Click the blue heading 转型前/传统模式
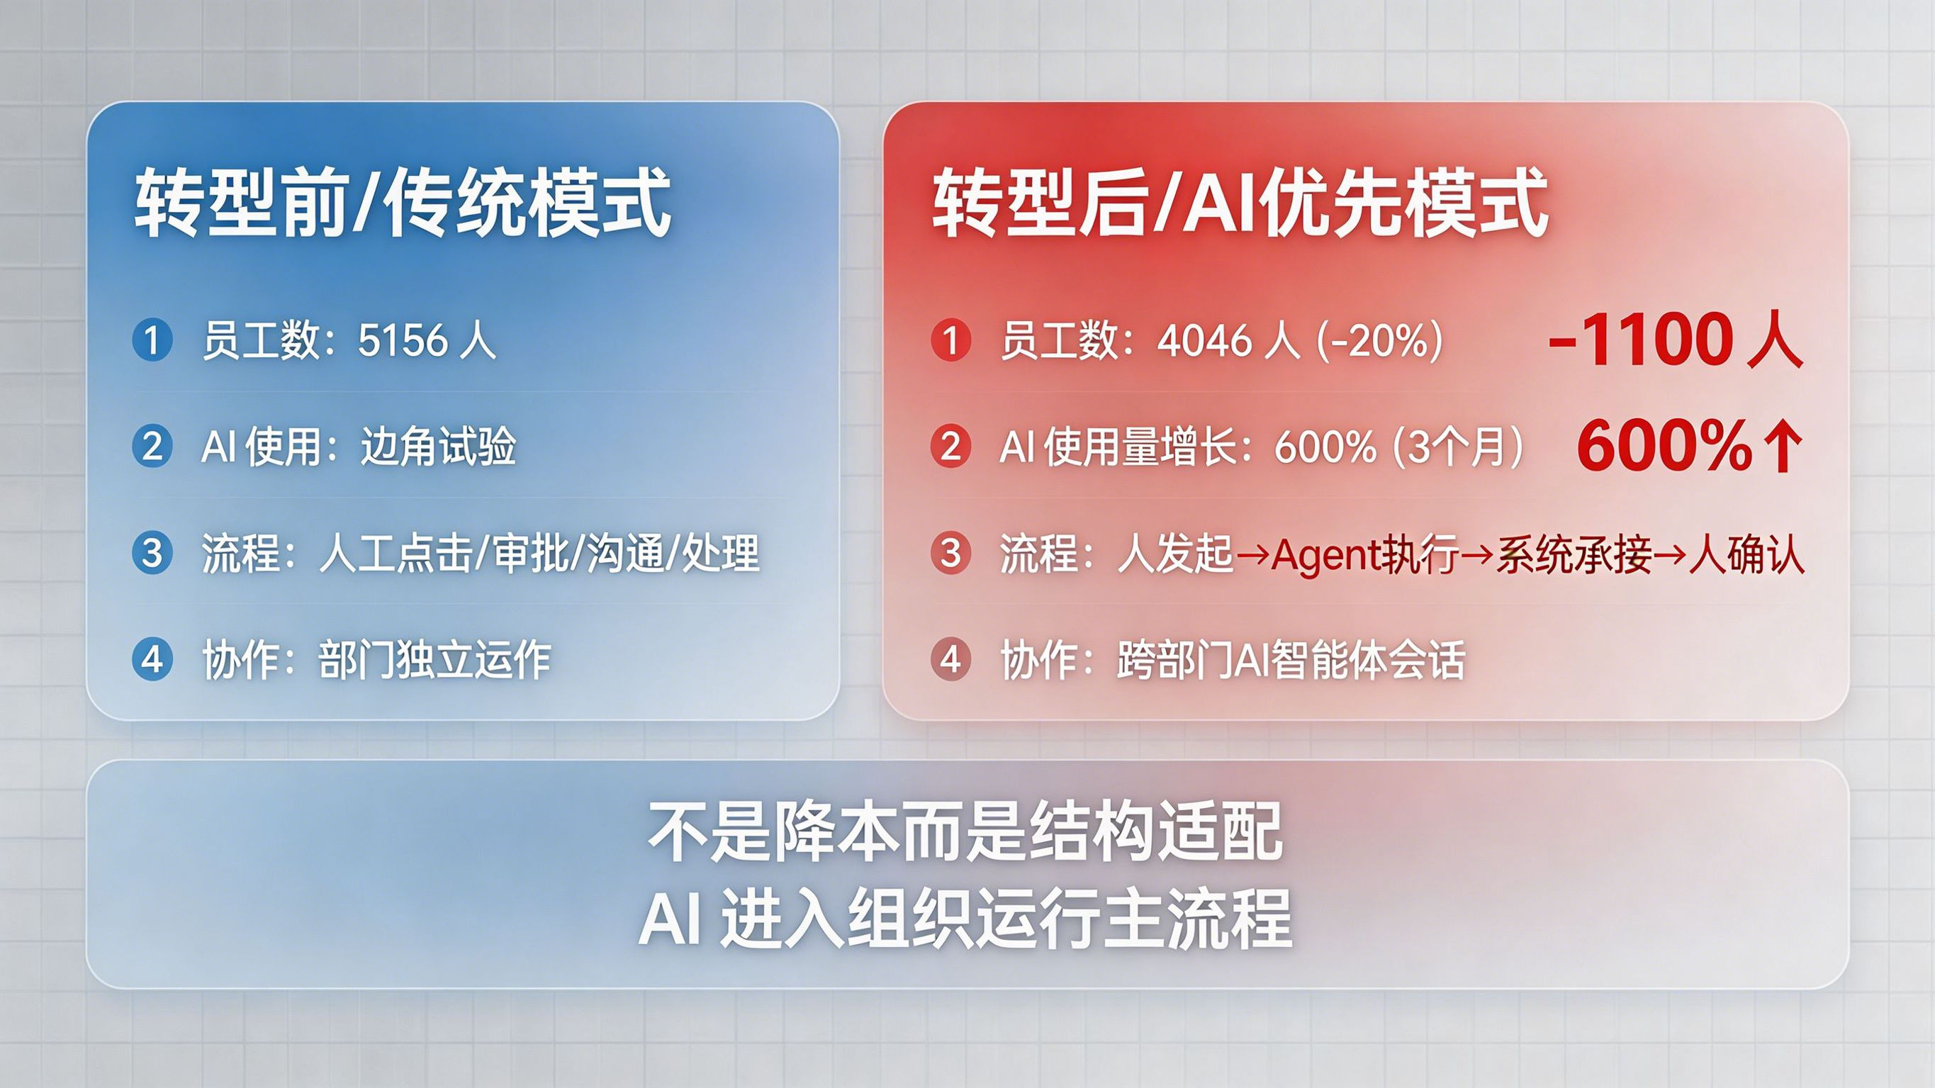[x=403, y=203]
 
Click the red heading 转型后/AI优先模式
[x=1240, y=203]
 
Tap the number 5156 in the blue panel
[x=403, y=340]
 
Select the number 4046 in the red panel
[x=1204, y=340]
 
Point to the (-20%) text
[x=1380, y=340]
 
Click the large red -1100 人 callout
[x=1675, y=340]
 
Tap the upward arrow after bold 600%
[x=1783, y=447]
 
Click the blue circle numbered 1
[x=152, y=340]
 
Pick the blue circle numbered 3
[x=152, y=553]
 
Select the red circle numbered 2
[x=951, y=447]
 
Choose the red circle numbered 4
[x=951, y=660]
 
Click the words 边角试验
[x=438, y=447]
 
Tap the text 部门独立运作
[x=435, y=660]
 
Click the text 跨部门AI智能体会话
[x=1291, y=660]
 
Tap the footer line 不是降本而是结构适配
[x=966, y=832]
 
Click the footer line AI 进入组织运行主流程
[x=965, y=917]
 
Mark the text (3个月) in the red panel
[x=1458, y=447]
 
